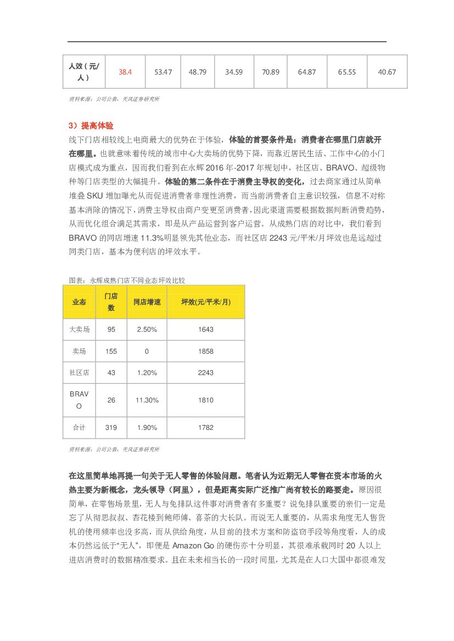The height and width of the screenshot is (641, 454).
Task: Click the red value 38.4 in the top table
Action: point(125,72)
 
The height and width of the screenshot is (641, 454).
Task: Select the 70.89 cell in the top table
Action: point(271,72)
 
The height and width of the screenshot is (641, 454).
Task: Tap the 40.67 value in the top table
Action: point(387,72)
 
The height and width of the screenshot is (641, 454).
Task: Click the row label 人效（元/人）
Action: point(83,72)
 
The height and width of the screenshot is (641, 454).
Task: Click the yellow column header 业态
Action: point(79,302)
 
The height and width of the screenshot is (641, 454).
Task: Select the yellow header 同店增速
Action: point(147,302)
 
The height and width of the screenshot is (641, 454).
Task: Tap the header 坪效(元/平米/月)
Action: point(206,302)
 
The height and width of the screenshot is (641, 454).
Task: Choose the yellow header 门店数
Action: point(111,302)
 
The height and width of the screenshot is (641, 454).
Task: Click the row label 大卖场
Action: point(79,330)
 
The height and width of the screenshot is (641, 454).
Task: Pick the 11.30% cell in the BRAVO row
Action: point(147,400)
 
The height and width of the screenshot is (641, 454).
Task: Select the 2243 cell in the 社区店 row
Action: point(206,372)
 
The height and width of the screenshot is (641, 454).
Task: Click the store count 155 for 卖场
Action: point(111,351)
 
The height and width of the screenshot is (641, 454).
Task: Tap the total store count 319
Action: point(111,427)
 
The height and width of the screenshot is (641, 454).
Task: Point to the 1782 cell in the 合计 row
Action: point(206,427)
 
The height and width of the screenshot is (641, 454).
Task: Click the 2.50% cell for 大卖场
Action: point(147,330)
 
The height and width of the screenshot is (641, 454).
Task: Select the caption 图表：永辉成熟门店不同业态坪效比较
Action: point(127,280)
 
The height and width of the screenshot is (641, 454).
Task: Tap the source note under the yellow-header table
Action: point(114,449)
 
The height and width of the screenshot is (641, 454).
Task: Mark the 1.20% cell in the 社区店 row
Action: point(147,372)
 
